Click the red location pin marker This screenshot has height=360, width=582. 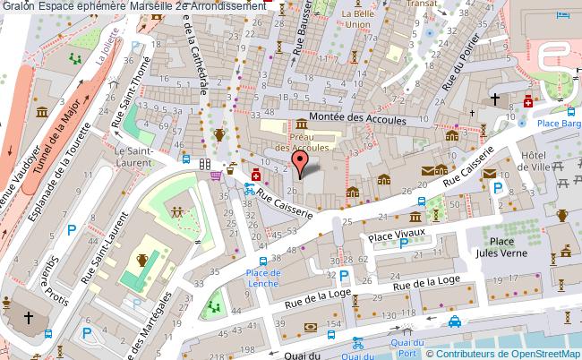point(302,162)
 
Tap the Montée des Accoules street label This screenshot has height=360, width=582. point(357,119)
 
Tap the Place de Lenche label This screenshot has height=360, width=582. point(263,278)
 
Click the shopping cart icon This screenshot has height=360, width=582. point(216,176)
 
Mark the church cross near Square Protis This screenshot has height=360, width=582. point(28,317)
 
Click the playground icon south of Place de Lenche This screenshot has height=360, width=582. point(214,307)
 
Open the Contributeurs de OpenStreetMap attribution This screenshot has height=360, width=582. point(513,353)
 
